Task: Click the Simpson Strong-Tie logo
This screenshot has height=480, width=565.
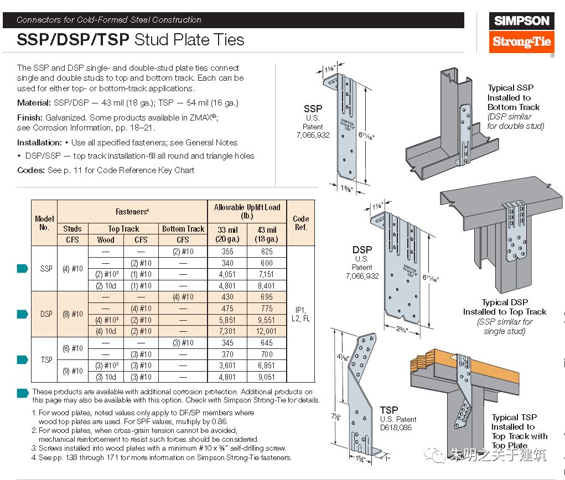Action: (x=521, y=32)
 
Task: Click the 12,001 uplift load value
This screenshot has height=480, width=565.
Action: (x=267, y=331)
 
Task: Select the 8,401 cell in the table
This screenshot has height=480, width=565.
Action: (x=267, y=286)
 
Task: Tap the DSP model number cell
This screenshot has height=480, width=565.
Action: (x=46, y=314)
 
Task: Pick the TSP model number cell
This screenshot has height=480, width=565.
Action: (x=46, y=359)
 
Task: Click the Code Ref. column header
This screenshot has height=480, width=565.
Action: (x=300, y=223)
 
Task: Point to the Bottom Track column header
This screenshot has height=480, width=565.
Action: (x=183, y=229)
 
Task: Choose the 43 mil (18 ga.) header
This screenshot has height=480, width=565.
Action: (x=267, y=234)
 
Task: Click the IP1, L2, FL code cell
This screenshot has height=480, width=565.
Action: (x=300, y=314)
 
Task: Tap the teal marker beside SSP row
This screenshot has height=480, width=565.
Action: (x=23, y=269)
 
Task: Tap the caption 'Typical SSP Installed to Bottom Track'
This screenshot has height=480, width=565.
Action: (x=514, y=97)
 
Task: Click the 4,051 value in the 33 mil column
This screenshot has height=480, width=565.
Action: (x=227, y=274)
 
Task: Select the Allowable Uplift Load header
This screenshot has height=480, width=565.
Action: (x=247, y=211)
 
